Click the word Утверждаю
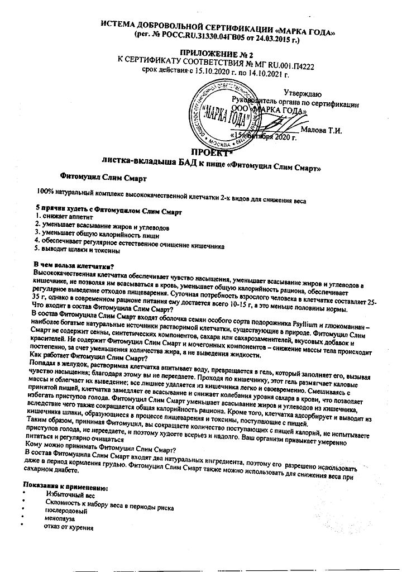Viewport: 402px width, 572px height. (x=302, y=93)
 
